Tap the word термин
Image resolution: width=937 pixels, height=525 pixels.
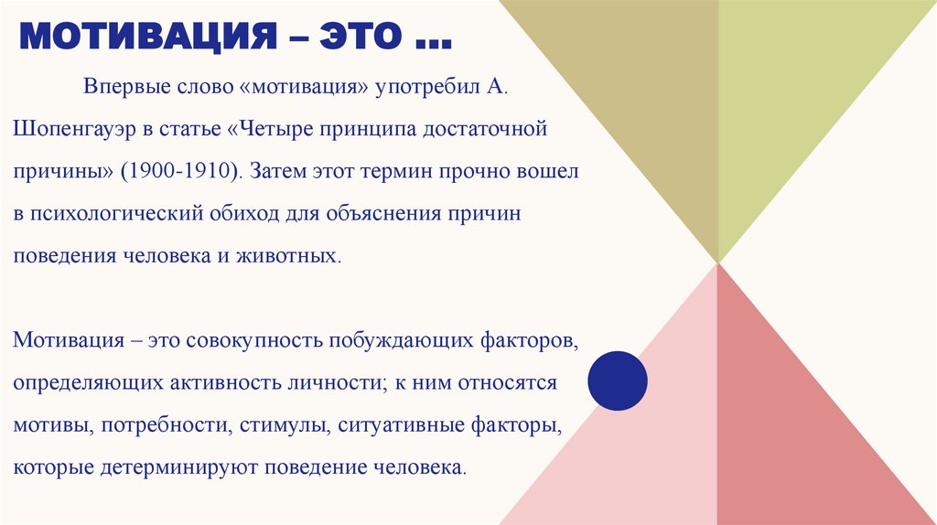click(385, 170)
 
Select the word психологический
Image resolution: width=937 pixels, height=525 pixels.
click(113, 212)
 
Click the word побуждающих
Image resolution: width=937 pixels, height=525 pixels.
click(397, 340)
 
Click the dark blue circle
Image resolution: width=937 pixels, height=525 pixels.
click(617, 379)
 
